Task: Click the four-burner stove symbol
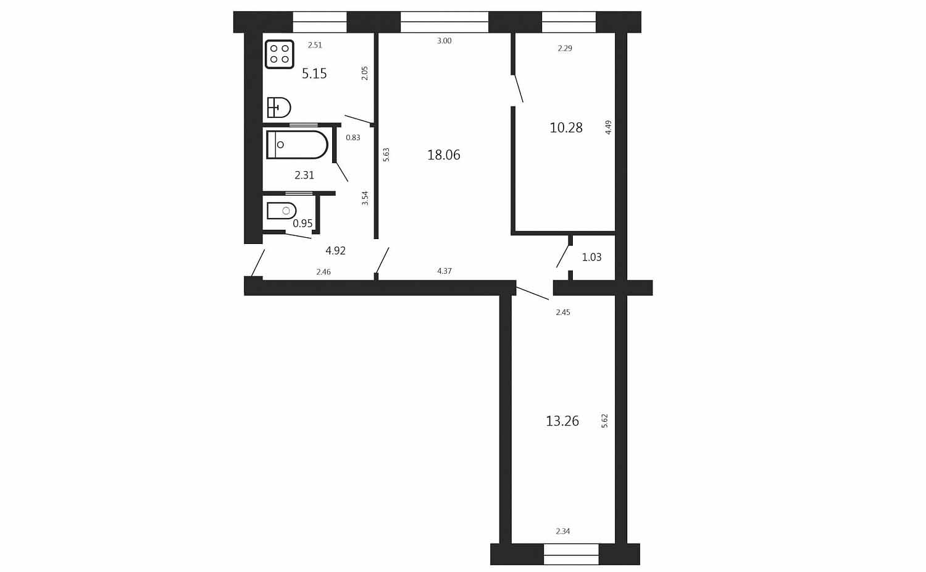pos(280,54)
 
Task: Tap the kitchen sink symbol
pos(279,107)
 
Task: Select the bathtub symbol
pos(297,145)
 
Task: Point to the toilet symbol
pos(282,211)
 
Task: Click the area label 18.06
pos(444,154)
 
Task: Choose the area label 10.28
pos(566,128)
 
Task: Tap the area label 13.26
pos(562,421)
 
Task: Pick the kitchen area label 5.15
pos(314,74)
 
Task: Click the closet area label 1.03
pos(591,257)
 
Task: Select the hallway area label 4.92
pos(335,251)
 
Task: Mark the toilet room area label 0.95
pos(302,224)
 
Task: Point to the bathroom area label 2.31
pos(304,175)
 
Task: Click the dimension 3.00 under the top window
pos(444,41)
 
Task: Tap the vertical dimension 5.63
pos(386,154)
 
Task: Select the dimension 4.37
pos(444,271)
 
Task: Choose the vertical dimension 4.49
pos(608,127)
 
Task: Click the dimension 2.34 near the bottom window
pos(562,531)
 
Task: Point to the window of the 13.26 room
pos(571,555)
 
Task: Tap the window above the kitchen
pos(320,22)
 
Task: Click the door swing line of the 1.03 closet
pos(562,256)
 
